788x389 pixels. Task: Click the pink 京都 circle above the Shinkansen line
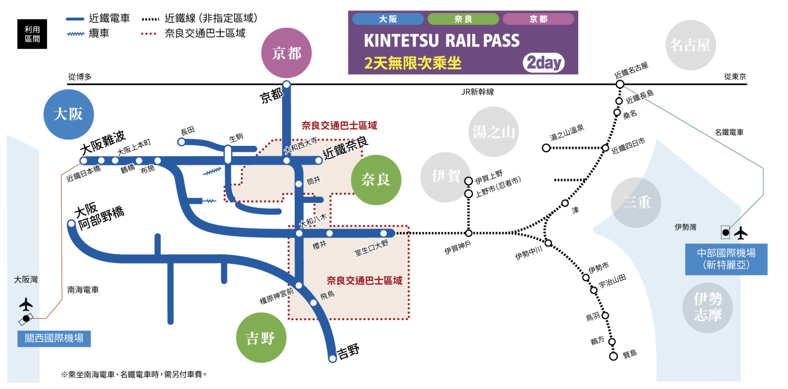(x=286, y=53)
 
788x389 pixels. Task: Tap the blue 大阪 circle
(x=68, y=114)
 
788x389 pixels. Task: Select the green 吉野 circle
(x=261, y=337)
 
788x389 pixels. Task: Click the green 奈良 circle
(x=376, y=180)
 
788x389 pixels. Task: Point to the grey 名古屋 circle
(x=690, y=45)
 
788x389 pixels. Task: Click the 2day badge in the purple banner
(x=544, y=63)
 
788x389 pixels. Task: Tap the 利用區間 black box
(x=32, y=34)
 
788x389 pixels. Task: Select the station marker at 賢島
(x=613, y=356)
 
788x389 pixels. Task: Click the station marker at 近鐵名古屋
(x=620, y=84)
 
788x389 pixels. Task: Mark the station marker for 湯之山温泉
(x=546, y=148)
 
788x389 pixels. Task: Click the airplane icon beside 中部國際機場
(x=741, y=233)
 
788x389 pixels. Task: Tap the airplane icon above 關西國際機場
(x=26, y=305)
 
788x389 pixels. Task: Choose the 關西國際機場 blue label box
(x=54, y=338)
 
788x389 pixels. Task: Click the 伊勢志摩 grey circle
(x=708, y=307)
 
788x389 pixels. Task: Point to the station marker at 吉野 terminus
(x=333, y=358)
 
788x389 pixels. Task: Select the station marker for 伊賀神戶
(x=469, y=233)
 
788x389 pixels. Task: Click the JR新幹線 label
(x=477, y=92)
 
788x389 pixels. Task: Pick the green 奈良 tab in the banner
(x=463, y=19)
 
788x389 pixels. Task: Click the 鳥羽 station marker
(x=605, y=316)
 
